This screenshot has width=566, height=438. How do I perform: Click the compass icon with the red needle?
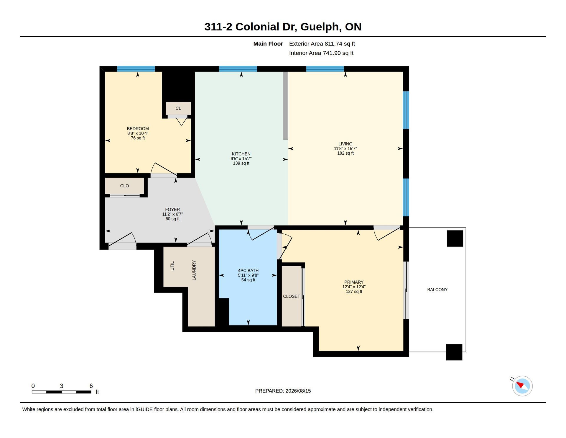(522, 386)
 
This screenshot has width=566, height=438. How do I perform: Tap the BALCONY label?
(437, 290)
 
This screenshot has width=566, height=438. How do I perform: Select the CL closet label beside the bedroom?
(178, 108)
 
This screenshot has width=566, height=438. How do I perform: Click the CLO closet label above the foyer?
(124, 186)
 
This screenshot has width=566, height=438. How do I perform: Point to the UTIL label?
(172, 266)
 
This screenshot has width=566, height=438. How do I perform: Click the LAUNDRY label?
(194, 270)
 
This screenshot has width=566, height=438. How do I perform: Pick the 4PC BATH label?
(248, 270)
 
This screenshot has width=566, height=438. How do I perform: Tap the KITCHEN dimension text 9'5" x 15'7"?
(241, 158)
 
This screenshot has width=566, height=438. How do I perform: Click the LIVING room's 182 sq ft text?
(345, 153)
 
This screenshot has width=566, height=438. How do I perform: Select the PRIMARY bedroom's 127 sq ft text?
(354, 291)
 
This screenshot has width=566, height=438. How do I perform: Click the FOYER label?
(172, 210)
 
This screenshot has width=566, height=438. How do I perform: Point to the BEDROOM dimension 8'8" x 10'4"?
(138, 133)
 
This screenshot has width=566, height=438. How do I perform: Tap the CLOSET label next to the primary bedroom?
(292, 296)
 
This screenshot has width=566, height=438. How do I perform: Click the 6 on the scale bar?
(91, 386)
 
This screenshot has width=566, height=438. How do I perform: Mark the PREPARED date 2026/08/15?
(298, 391)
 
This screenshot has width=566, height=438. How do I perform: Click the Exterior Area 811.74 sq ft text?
(322, 44)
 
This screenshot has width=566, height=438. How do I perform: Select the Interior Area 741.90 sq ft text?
(321, 53)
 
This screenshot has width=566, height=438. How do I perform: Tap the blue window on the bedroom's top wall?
(136, 69)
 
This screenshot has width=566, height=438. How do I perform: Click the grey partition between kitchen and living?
(285, 105)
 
